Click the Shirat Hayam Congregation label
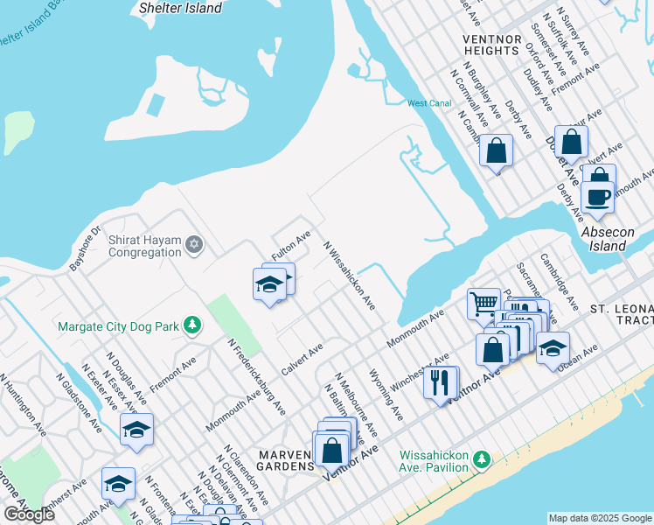coord(144,246)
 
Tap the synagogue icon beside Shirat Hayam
coord(194,246)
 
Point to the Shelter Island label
coord(181,8)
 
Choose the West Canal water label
coord(429,103)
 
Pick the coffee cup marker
coord(598,197)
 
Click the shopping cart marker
coord(483,304)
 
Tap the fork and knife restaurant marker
coord(440,382)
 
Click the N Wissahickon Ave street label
coord(350,276)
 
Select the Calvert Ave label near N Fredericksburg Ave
coord(302,360)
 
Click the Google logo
coord(29,515)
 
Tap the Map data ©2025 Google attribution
coord(600,518)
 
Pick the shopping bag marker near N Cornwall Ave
coord(496,150)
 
